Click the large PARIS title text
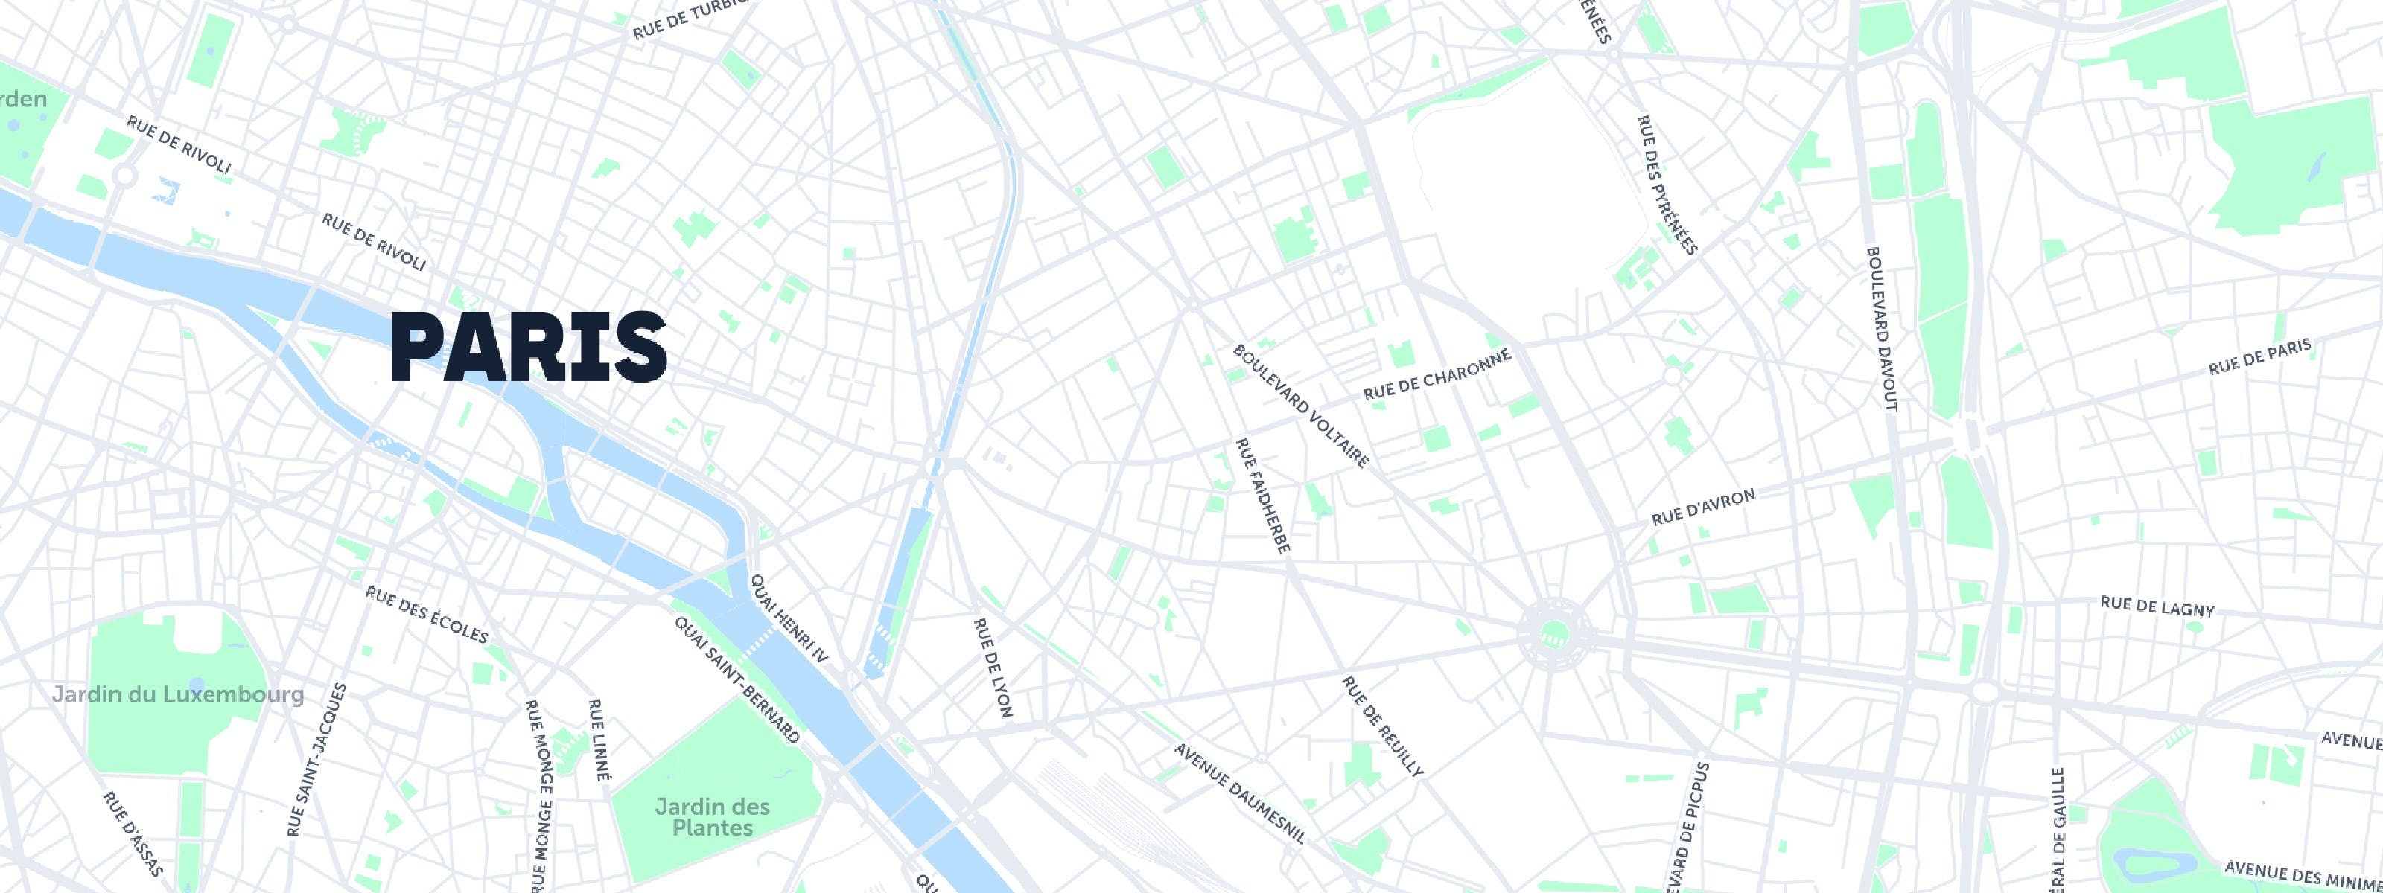(528, 348)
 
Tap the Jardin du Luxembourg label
(178, 694)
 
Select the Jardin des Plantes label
(713, 816)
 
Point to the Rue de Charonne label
(1437, 374)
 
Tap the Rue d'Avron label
(1703, 508)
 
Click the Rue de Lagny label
(2157, 606)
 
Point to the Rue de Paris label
(2259, 357)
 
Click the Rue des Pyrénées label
(1668, 185)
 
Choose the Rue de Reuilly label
(1382, 726)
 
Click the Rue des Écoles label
(427, 615)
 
